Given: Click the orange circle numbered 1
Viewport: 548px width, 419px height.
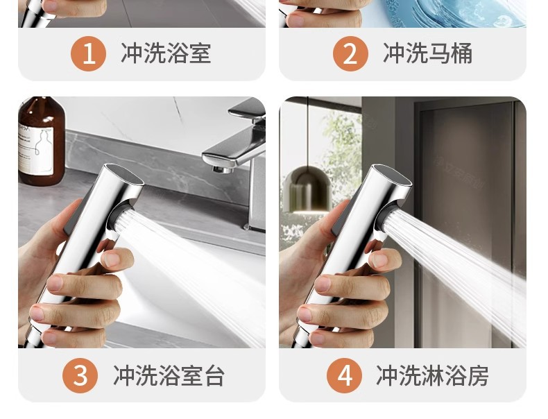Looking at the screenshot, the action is coord(88,54).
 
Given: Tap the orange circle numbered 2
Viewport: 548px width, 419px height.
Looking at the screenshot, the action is coord(350,54).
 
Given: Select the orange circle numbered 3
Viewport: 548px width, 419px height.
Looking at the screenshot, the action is coord(80,376).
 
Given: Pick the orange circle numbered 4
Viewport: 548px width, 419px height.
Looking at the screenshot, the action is coord(344,376).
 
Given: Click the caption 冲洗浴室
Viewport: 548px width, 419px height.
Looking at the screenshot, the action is coord(166,53).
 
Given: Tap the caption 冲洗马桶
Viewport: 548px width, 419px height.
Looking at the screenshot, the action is coord(428,53).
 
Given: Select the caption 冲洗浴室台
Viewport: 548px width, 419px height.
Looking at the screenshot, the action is coord(169,376).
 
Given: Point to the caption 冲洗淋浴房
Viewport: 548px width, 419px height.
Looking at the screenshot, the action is coord(432,376).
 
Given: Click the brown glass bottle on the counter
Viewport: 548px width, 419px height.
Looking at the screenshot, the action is coord(41,142).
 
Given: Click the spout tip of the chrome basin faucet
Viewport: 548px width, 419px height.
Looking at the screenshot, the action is coord(221,170).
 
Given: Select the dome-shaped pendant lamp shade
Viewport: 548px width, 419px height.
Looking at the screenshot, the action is coord(307,189).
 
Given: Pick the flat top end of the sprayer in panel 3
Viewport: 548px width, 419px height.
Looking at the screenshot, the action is coord(124,173).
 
